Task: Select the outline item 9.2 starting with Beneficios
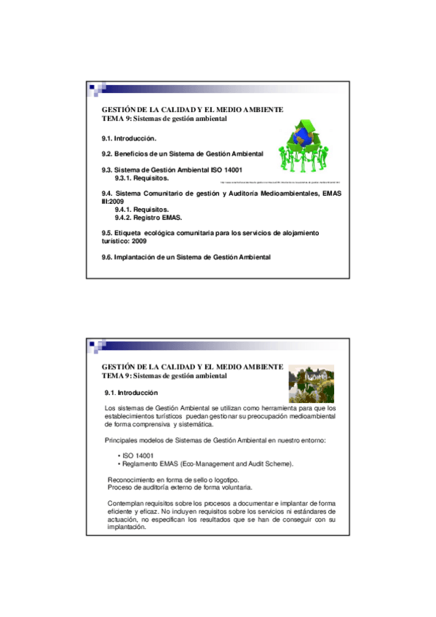(182, 154)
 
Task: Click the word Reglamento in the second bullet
(138, 463)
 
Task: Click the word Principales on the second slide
(122, 440)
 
